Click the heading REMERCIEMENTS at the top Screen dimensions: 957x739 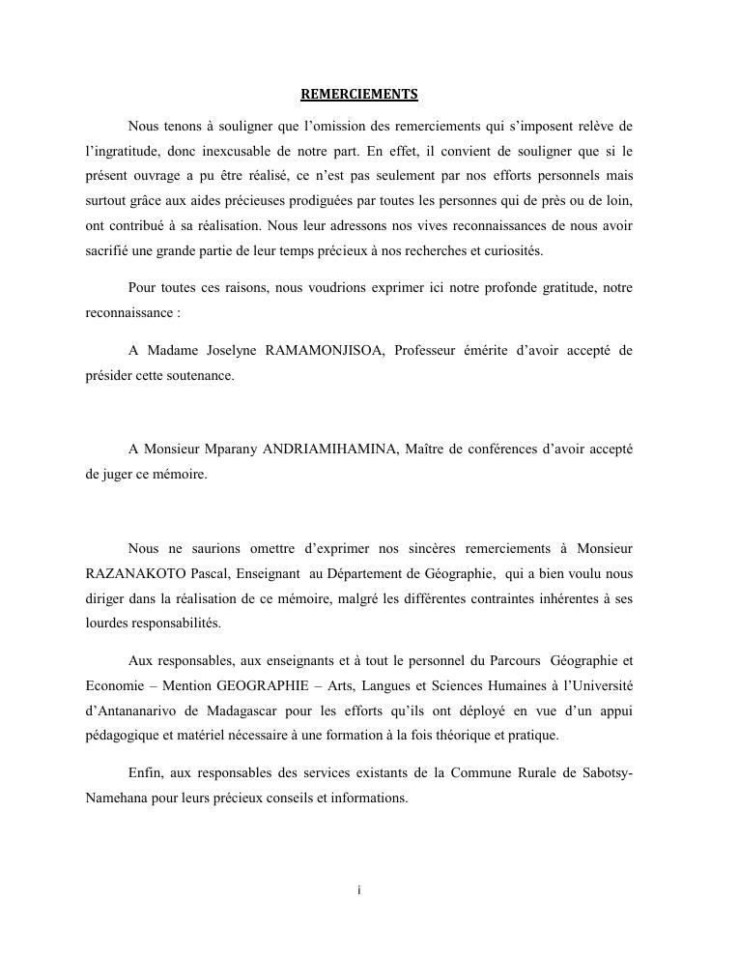pos(358,94)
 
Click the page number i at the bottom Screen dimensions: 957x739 pos(358,889)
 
